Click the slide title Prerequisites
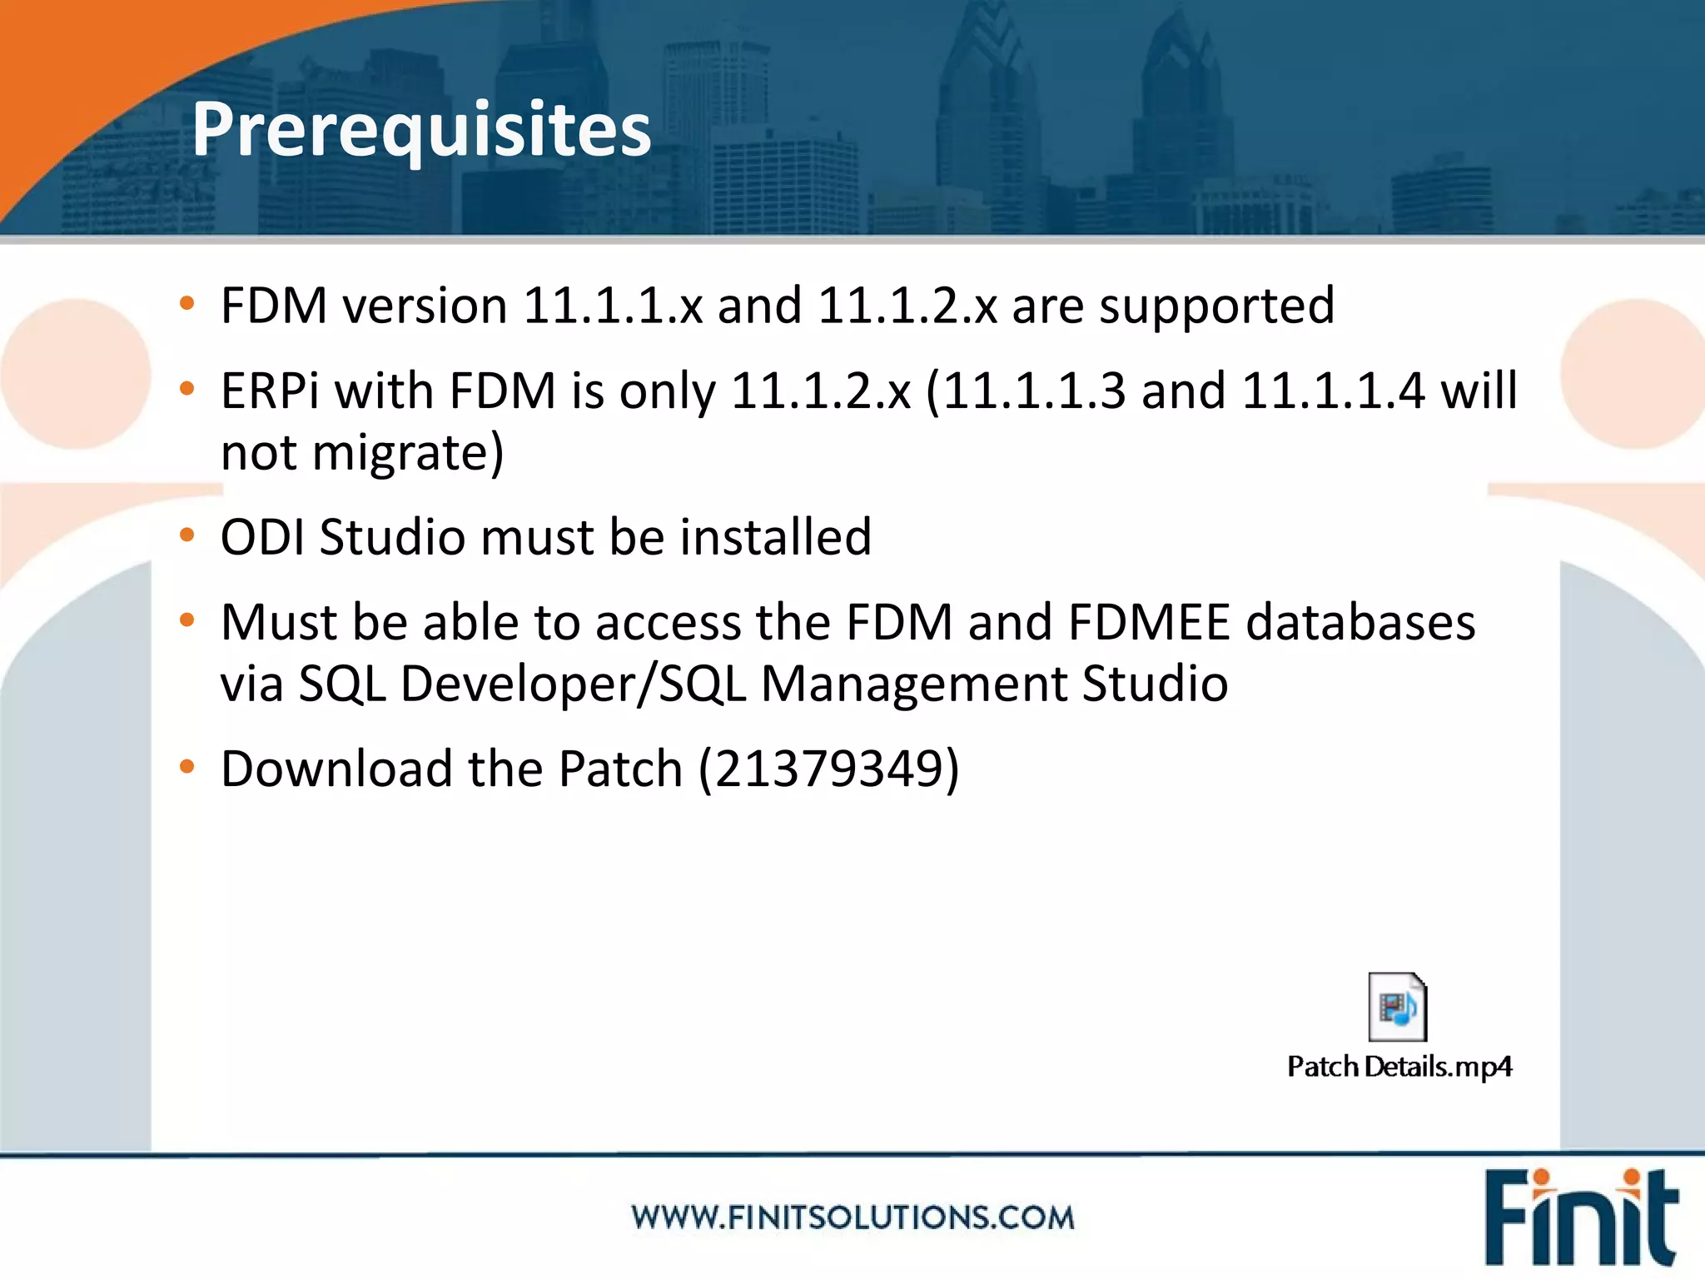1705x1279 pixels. (421, 129)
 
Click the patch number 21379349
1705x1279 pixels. (828, 768)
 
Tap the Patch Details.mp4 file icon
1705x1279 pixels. (1398, 1007)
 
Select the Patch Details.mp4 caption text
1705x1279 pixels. (1399, 1067)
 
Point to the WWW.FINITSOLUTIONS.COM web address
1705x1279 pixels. (852, 1217)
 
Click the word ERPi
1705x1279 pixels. (270, 391)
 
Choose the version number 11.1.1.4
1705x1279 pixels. (1333, 391)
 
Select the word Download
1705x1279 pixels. (336, 768)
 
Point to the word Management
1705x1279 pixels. (913, 684)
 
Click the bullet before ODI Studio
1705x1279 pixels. (187, 535)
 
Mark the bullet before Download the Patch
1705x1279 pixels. (187, 766)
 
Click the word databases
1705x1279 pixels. (1360, 622)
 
